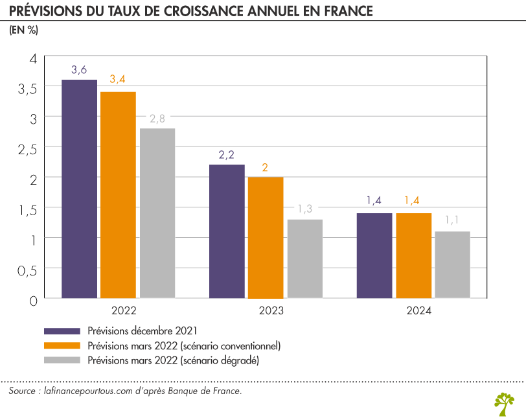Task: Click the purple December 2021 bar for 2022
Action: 79,189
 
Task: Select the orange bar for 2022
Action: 118,195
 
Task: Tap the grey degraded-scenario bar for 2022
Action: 157,213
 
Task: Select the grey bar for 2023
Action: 304,259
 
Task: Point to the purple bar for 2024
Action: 374,256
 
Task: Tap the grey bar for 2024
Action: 452,265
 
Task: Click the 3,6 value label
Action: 79,70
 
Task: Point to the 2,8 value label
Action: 157,119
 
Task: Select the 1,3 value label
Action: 304,209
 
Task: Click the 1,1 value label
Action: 452,222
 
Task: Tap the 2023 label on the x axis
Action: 271,311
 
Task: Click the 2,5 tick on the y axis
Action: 27,148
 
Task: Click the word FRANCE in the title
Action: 341,11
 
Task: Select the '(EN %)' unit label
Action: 23,32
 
